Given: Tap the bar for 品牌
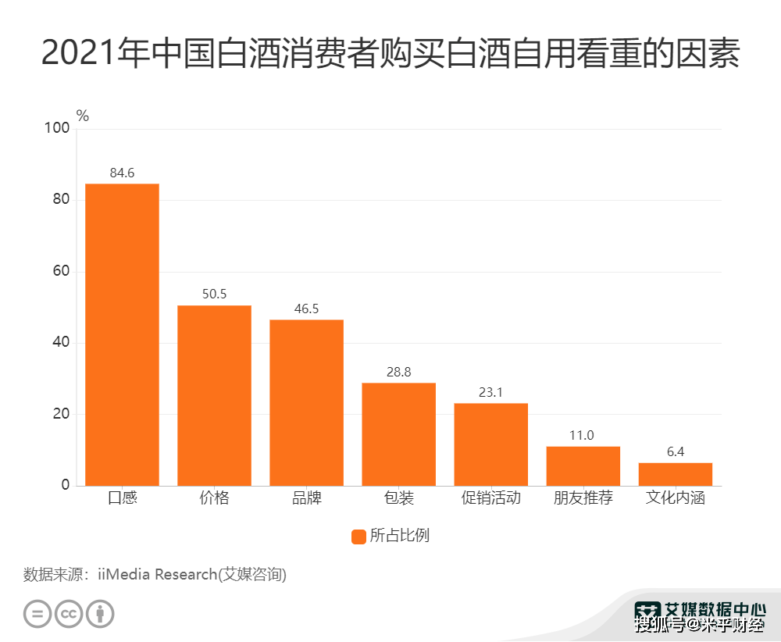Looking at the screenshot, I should click(x=306, y=402).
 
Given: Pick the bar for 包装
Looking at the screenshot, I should click(x=398, y=434).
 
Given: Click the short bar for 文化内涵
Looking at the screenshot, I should click(x=676, y=474).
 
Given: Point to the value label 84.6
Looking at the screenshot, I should click(x=122, y=173).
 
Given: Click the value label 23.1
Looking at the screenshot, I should click(x=490, y=392).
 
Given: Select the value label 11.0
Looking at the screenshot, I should click(x=582, y=435).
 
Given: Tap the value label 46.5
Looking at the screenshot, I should click(x=306, y=309).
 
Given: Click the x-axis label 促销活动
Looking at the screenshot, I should click(x=490, y=498).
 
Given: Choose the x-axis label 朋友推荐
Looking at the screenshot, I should click(x=583, y=498).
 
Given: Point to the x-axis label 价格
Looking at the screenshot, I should click(x=214, y=498).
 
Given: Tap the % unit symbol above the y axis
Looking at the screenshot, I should click(x=83, y=116).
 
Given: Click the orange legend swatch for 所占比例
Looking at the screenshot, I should click(x=358, y=537).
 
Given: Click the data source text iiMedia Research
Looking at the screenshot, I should click(x=192, y=575).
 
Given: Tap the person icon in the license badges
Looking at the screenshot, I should click(x=100, y=613).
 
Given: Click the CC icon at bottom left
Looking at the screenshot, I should click(x=69, y=613).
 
